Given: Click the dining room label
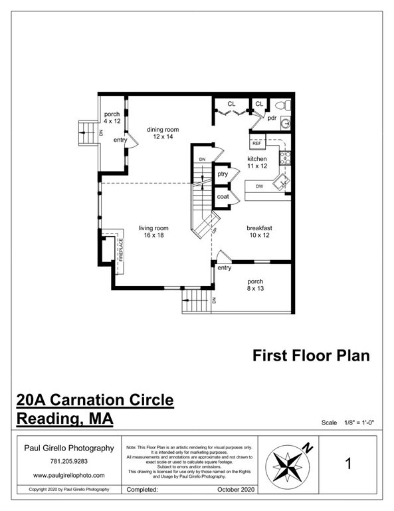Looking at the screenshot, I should [x=163, y=130].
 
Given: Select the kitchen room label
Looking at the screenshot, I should [x=257, y=160].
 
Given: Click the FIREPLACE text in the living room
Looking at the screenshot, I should [x=122, y=253].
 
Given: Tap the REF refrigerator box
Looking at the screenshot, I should [x=256, y=143].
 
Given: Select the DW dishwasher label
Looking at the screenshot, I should [x=260, y=186].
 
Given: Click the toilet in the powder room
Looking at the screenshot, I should [x=281, y=104].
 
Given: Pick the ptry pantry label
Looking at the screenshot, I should [x=223, y=174].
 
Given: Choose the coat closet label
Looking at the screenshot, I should [x=223, y=197].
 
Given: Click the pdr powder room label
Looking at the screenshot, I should [x=272, y=118].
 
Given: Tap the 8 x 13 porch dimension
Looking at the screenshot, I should [x=256, y=289].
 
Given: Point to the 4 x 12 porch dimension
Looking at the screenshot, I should [x=112, y=122].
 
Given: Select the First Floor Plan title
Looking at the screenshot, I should [x=311, y=355].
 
